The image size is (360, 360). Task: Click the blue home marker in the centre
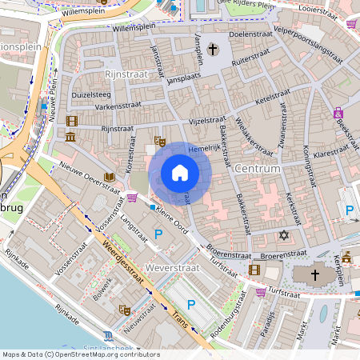180,172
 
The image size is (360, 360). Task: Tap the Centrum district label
258,169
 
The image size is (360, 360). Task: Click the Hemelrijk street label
203,148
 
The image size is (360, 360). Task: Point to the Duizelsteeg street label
90,94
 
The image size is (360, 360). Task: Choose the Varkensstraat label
114,106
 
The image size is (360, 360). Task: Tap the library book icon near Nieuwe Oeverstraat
109,177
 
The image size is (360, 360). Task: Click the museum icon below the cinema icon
71,138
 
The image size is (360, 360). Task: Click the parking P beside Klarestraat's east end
349,210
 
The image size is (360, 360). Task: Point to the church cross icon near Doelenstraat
213,50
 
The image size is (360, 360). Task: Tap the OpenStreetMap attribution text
80,354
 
